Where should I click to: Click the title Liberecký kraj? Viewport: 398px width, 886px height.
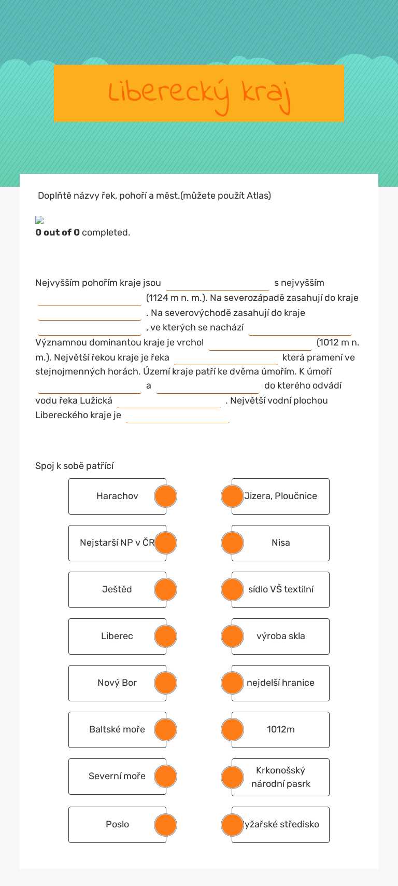199,93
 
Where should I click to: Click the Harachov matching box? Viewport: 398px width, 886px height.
111,496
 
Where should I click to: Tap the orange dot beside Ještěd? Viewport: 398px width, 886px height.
165,590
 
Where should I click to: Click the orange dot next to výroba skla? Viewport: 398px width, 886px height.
232,636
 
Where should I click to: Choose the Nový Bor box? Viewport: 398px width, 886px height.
111,683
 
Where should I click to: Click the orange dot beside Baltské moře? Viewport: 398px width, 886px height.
165,730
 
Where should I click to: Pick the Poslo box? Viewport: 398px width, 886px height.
111,825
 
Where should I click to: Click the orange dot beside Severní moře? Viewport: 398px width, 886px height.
165,777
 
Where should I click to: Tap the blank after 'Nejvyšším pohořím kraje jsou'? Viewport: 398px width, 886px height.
217,284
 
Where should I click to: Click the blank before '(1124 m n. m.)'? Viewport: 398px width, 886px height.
90,299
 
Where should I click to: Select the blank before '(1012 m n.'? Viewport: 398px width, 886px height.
260,343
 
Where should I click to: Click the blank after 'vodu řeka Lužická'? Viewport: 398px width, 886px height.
169,401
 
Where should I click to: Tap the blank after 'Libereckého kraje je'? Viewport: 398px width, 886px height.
178,416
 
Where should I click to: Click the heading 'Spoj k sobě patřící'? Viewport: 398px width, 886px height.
75,466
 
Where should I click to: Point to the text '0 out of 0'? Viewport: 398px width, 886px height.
58,232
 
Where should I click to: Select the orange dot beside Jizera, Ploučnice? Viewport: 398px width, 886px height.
232,496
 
